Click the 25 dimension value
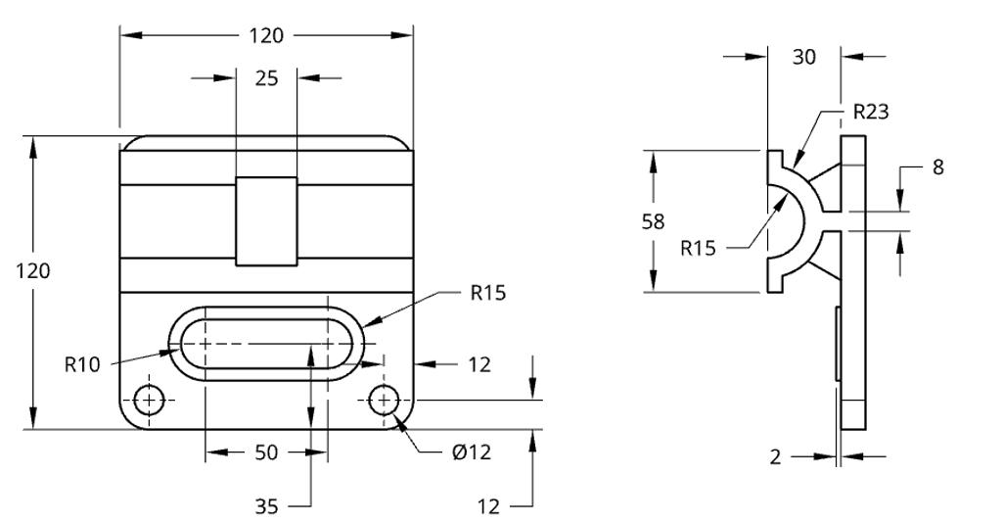tap(266, 78)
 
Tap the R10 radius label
tap(83, 364)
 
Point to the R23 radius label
tap(870, 112)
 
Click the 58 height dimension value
tap(653, 221)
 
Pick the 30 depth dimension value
tap(803, 57)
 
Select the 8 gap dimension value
tap(937, 167)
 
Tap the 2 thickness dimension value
tap(775, 456)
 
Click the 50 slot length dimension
tap(266, 452)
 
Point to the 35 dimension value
tap(266, 506)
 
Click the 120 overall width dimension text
tap(265, 35)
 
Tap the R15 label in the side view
tap(699, 247)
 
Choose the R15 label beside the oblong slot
tap(487, 293)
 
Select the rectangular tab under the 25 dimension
tap(266, 221)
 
